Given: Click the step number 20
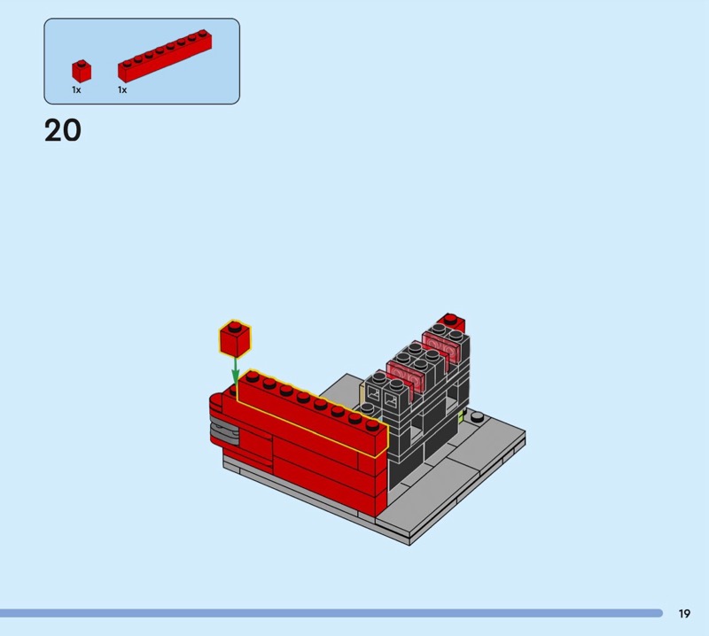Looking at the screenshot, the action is pos(63,130).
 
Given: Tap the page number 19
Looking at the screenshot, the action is pos(684,613).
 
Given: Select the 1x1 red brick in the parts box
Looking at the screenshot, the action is pos(82,71).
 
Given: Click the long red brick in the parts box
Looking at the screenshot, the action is pos(165,56).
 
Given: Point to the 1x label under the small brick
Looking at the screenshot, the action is pos(76,90).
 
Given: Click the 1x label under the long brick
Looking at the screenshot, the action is pos(122,90).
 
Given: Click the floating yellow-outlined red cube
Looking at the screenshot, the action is pos(235,339).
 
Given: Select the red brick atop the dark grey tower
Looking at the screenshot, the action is pos(451,322).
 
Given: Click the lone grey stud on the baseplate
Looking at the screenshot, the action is pos(477,416).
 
